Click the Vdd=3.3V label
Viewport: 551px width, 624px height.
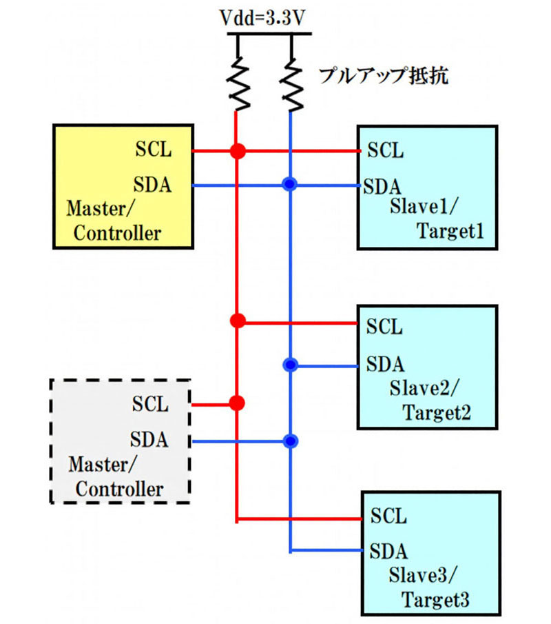264,19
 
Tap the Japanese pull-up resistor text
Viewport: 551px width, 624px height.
383,75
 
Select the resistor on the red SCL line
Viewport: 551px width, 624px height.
238,83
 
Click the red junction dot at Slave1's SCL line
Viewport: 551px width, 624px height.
237,150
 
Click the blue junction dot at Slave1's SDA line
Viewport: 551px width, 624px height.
291,185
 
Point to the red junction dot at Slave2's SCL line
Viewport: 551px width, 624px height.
237,321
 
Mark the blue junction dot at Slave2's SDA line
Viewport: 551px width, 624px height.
291,364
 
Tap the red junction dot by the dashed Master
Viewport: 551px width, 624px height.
237,402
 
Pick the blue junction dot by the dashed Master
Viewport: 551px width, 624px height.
291,440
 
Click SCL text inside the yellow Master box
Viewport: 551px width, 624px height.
152,150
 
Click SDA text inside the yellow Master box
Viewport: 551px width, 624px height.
152,185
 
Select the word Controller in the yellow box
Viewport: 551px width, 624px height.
117,232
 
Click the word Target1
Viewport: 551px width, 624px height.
450,232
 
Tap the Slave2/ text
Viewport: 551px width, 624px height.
419,390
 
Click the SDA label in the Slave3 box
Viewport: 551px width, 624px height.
388,551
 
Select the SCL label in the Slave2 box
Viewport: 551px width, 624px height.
384,326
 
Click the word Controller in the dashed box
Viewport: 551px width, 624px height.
118,489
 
